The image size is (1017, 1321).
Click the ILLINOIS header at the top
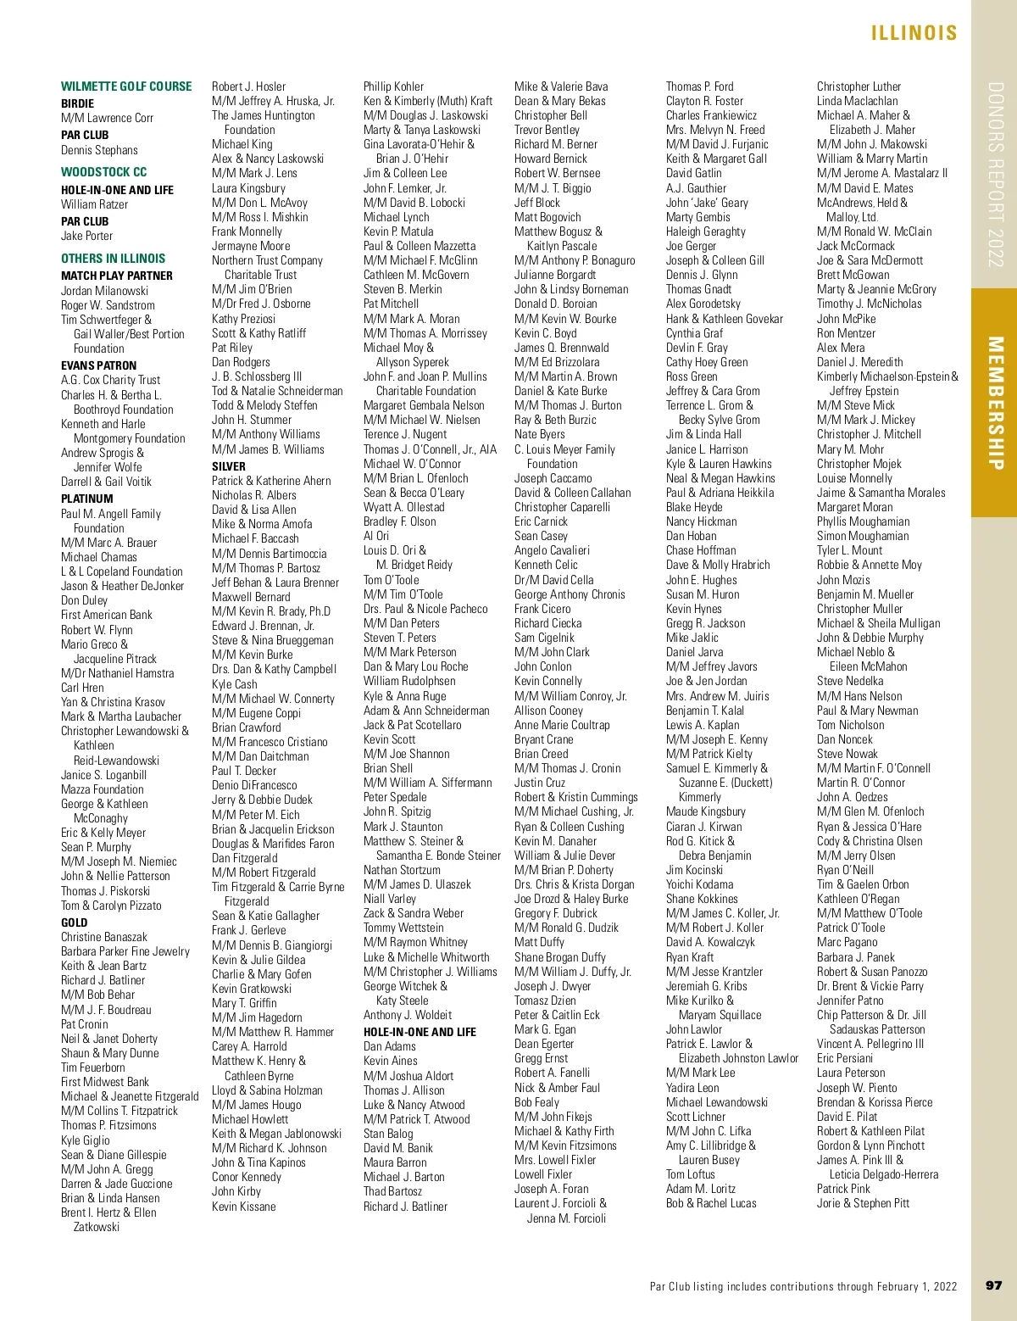pos(914,33)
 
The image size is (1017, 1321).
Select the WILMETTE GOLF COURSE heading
pos(126,86)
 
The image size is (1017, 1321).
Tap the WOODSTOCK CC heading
pos(103,172)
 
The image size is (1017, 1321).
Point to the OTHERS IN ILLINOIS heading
pos(113,259)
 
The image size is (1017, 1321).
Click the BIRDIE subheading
pos(77,103)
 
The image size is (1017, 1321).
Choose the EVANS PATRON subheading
pos(98,365)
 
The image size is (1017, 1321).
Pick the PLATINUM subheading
pos(86,499)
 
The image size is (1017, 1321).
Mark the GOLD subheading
pos(74,922)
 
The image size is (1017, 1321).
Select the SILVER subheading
pos(229,466)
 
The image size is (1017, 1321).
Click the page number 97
pos(993,1285)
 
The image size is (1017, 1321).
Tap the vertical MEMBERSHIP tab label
pos(995,403)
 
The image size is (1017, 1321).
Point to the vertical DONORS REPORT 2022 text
pos(995,174)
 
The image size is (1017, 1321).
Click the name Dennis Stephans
pos(99,150)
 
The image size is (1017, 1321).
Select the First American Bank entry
pos(107,615)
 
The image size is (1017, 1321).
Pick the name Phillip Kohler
pos(393,86)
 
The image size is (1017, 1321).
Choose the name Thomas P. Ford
pos(700,86)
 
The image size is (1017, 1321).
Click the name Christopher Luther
pos(859,86)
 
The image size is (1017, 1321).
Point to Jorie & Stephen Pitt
pos(863,1203)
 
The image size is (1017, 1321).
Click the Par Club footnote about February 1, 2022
pos(803,1286)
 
